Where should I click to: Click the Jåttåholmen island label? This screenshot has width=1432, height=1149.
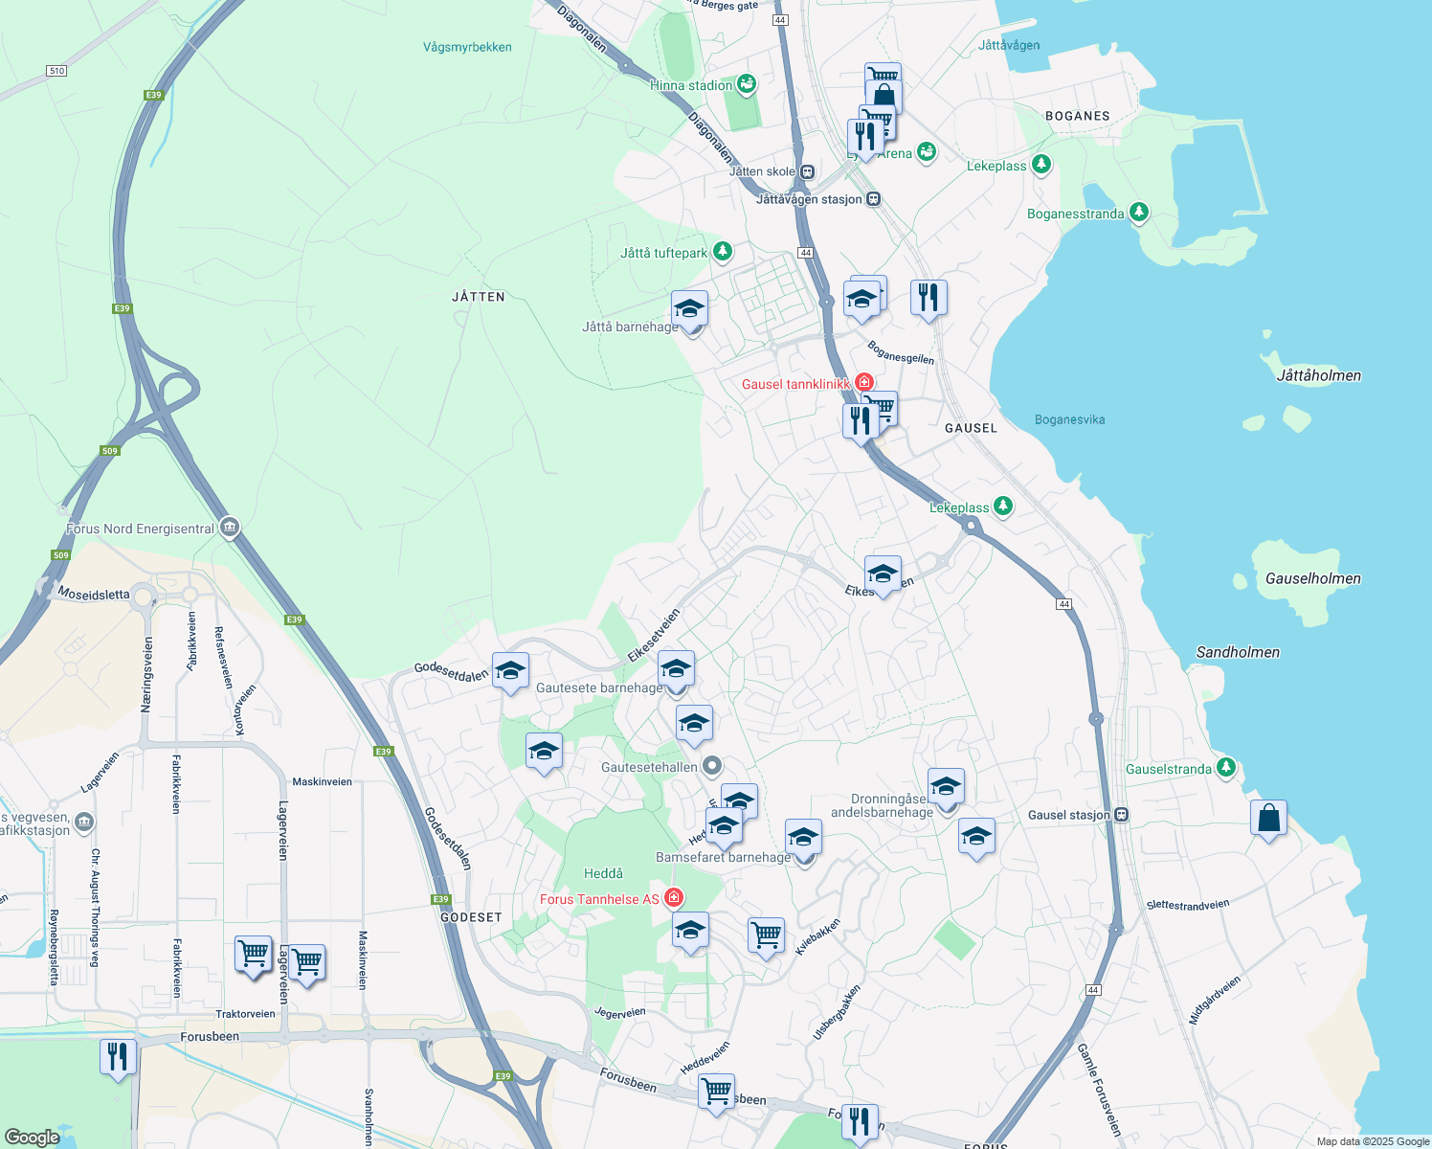pos(1318,375)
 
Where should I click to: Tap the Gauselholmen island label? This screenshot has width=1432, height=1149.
pos(1312,578)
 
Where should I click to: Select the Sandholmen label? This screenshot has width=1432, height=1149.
pos(1238,652)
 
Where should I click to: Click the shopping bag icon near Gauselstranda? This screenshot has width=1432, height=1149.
pos(1268,819)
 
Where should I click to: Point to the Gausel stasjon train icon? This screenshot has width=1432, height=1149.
pos(1122,815)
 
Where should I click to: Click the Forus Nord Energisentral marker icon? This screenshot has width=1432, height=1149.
pos(229,528)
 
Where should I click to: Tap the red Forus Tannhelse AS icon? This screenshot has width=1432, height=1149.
pos(674,898)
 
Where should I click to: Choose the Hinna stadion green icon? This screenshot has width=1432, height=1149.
pos(747,84)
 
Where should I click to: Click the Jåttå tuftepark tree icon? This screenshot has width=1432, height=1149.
pos(723,252)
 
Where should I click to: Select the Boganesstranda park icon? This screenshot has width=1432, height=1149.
pos(1138,213)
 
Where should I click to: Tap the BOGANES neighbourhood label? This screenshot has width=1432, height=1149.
pos(1077,116)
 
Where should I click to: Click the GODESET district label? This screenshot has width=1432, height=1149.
pos(471,917)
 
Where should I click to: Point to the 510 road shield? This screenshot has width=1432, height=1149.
pos(56,71)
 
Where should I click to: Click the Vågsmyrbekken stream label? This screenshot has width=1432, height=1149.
pos(467,47)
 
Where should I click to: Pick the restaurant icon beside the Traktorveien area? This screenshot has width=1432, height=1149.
pos(117,1057)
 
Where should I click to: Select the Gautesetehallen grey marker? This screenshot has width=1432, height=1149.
pos(712,766)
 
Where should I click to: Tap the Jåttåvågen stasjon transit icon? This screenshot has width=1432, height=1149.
pos(873,199)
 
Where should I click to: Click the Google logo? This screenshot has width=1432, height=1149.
pos(32,1138)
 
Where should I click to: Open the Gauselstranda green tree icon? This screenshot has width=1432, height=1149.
pos(1225,768)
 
